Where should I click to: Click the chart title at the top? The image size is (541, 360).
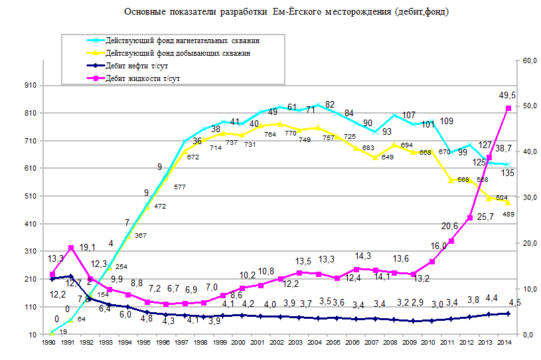[286, 12]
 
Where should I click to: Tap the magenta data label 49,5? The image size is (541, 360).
[508, 96]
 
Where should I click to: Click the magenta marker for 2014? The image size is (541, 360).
[508, 108]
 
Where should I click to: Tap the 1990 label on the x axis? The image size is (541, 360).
[48, 343]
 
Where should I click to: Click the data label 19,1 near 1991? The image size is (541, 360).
[88, 248]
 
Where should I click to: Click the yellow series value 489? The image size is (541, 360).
[508, 214]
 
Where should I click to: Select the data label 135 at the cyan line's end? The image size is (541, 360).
[508, 173]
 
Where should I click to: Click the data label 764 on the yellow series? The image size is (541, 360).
[270, 135]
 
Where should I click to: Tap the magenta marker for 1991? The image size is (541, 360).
[71, 248]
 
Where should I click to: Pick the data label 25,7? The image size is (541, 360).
[487, 217]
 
